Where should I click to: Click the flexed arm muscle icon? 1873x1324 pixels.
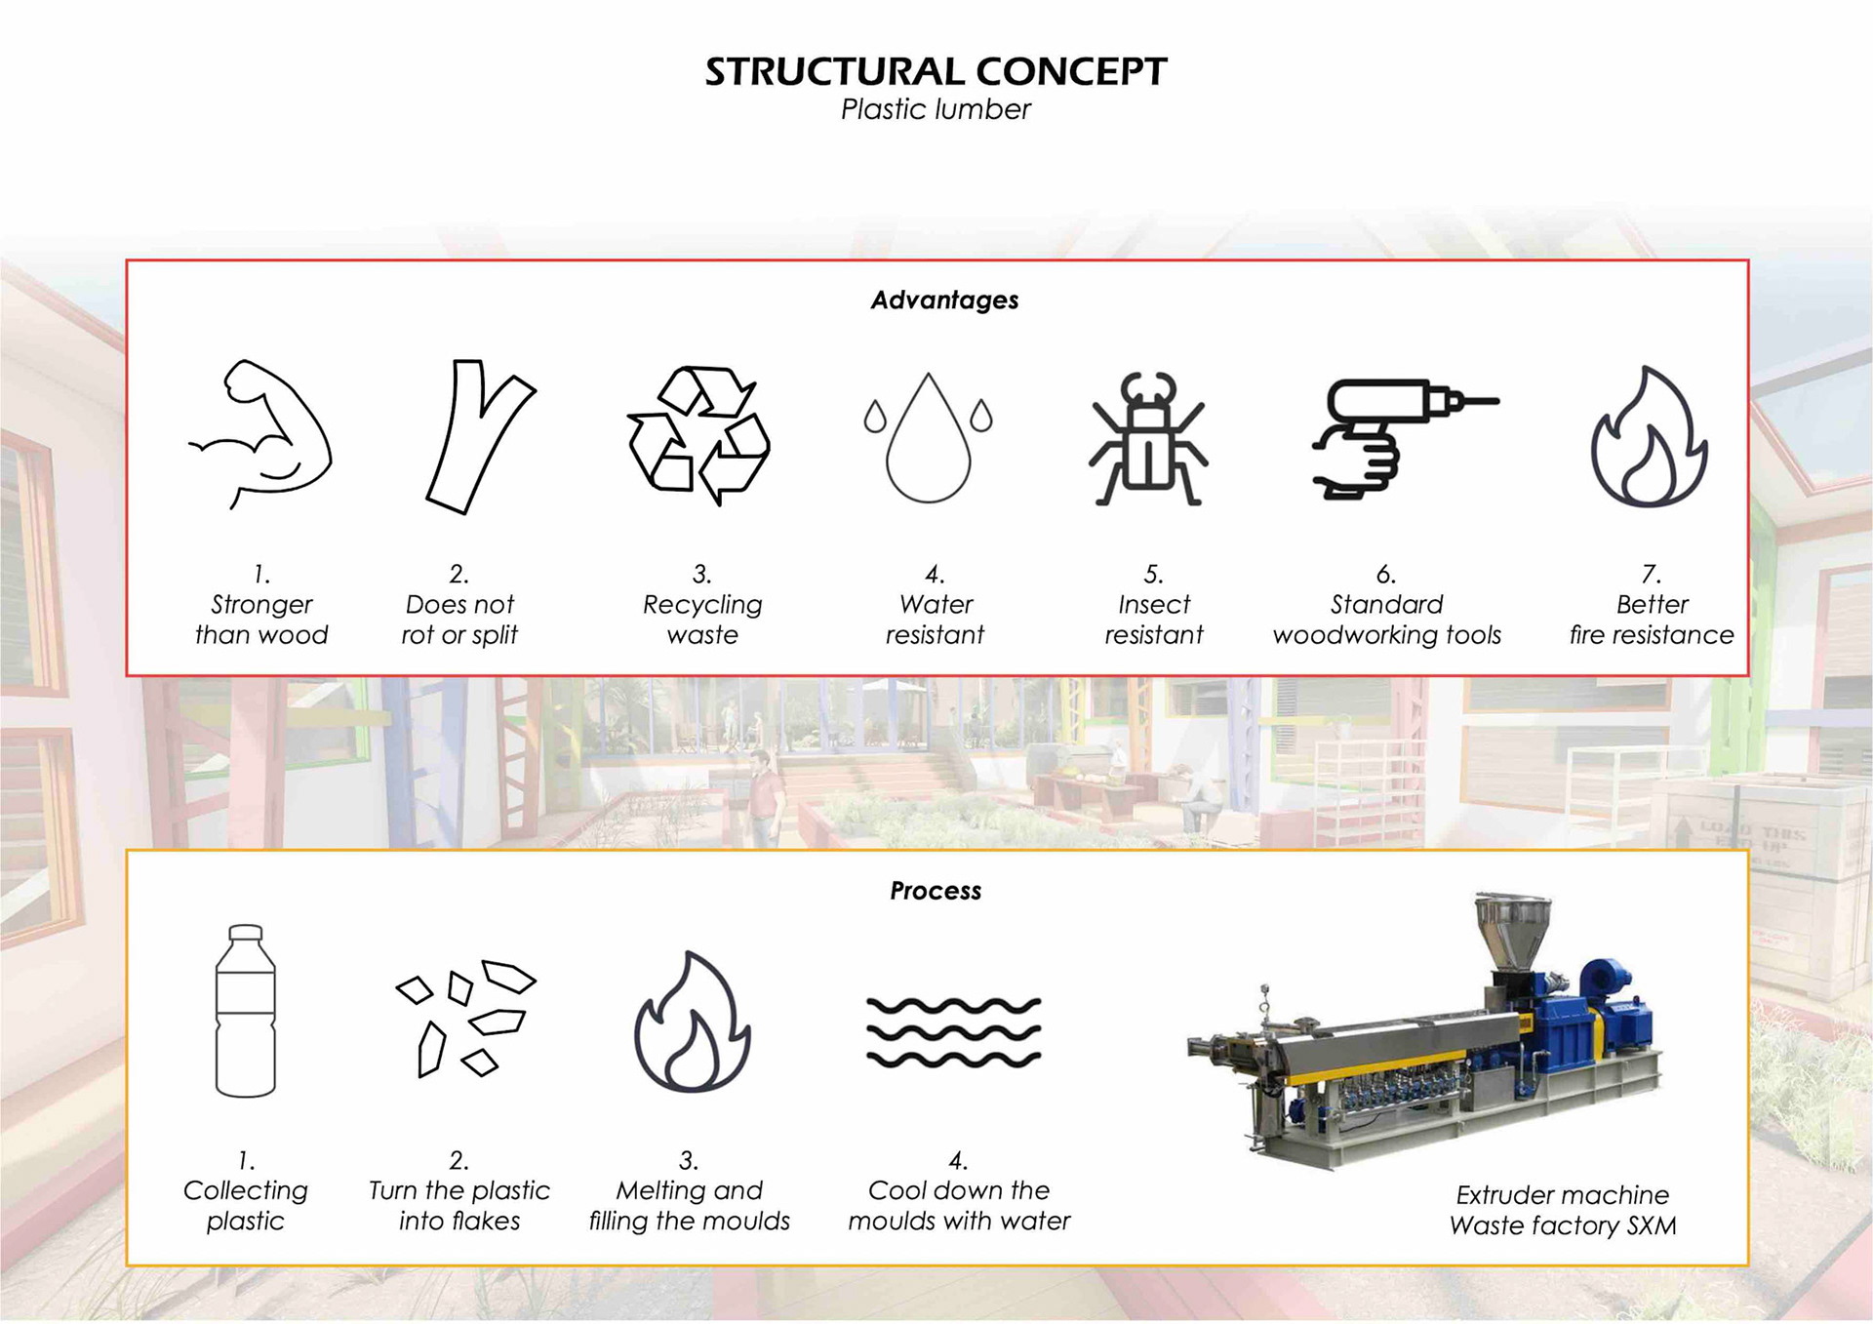[261, 434]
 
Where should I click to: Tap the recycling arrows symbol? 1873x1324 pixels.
[698, 435]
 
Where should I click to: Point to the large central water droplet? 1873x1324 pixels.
[928, 444]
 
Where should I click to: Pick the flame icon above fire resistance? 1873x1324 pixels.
[1649, 439]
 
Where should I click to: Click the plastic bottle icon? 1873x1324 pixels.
[245, 1011]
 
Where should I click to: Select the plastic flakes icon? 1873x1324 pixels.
[466, 1018]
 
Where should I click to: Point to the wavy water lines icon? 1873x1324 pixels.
[954, 1032]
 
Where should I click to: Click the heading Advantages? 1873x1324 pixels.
[944, 300]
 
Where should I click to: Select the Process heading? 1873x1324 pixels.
[936, 891]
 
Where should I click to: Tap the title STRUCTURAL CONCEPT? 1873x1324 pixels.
[936, 72]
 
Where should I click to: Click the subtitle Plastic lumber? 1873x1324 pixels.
[936, 110]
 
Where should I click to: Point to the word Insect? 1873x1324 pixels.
[1154, 605]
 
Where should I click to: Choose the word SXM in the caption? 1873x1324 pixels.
[1651, 1225]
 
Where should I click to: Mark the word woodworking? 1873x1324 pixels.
[1356, 635]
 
